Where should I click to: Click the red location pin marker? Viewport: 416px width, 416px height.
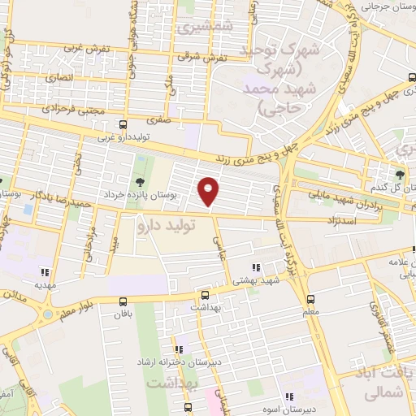coord(209,190)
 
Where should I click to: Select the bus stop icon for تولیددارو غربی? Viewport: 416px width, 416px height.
coord(122,125)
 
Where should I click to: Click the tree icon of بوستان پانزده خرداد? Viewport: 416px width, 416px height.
coord(141,180)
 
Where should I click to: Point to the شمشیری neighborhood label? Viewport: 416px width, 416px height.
coord(205,28)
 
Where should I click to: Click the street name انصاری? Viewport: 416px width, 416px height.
coord(59,79)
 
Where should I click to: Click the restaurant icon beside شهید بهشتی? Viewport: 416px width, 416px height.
coord(256,267)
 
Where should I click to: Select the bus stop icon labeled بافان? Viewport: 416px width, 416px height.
coord(123,299)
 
